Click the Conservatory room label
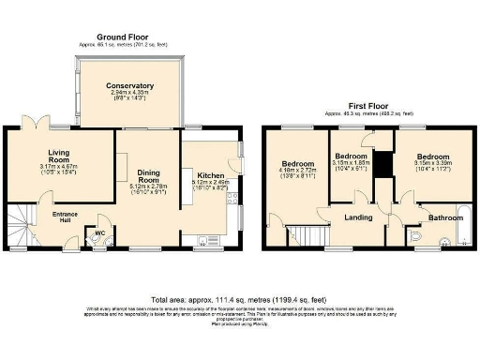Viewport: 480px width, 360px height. [x=131, y=85]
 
